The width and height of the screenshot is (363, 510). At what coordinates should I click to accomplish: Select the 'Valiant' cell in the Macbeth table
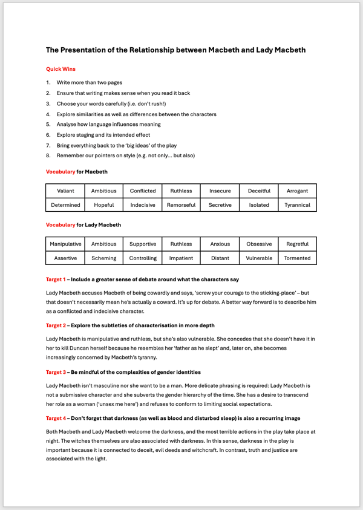tap(65, 191)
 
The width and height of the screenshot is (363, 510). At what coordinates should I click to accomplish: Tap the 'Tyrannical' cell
tap(297, 205)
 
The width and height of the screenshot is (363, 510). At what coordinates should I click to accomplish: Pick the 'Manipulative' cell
tap(65, 244)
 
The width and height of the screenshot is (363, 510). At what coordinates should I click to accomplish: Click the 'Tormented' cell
tap(297, 258)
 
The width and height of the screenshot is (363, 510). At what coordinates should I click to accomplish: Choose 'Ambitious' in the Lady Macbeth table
tap(104, 244)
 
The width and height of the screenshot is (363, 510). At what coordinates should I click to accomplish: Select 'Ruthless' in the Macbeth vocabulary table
tap(181, 191)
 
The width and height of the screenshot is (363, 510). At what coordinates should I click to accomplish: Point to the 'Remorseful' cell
tap(181, 205)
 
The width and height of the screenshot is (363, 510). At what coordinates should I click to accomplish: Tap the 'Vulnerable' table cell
tap(259, 258)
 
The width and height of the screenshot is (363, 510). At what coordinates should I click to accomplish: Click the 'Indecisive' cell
tap(143, 205)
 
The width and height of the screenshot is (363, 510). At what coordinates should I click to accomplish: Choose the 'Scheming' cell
tap(104, 258)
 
